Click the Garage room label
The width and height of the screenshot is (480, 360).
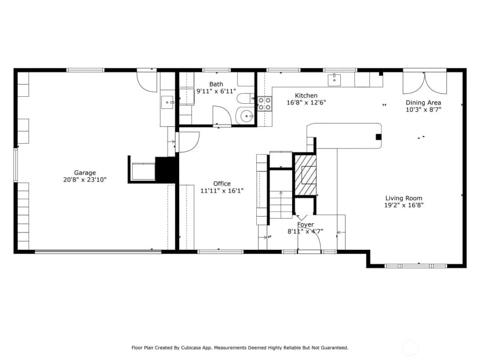coord(85,173)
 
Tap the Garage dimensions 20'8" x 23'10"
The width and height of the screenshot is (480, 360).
coord(85,180)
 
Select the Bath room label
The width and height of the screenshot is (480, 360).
coord(216,84)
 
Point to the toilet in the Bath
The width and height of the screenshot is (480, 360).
coord(246,99)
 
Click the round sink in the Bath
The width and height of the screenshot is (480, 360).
coord(246,117)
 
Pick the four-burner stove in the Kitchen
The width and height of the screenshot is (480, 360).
coord(265,104)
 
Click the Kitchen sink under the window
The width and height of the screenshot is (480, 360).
coord(334,80)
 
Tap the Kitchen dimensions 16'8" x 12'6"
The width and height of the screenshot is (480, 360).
coord(306,103)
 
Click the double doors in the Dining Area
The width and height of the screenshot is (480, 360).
coord(424,83)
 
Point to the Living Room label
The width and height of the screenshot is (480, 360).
coord(404,198)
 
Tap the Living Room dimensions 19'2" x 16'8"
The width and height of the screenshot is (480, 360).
coord(404,205)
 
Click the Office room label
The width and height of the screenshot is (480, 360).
coord(222,184)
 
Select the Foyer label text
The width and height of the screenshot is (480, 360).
coord(306,224)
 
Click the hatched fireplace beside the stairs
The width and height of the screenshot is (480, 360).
coord(305,175)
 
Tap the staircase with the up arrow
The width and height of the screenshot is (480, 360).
coord(281,194)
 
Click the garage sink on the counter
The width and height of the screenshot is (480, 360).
coord(168,102)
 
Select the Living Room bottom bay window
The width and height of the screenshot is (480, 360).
coord(416,266)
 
